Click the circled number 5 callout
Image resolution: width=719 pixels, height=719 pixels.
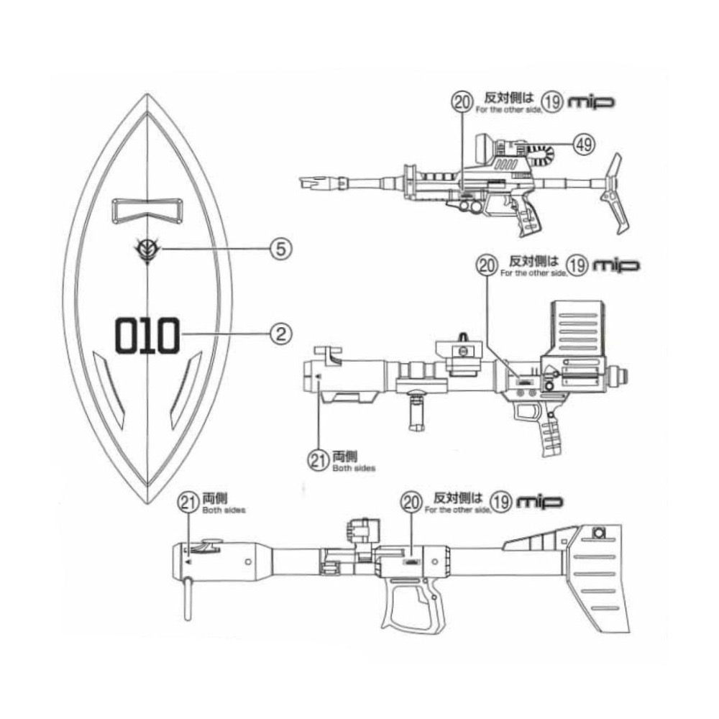(281, 249)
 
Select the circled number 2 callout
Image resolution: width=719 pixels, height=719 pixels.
(281, 333)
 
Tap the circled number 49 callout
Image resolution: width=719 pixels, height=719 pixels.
(584, 144)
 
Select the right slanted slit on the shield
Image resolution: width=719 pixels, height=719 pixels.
(185, 389)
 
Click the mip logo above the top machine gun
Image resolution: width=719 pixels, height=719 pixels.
(592, 103)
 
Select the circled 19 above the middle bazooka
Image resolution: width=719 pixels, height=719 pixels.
(577, 265)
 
